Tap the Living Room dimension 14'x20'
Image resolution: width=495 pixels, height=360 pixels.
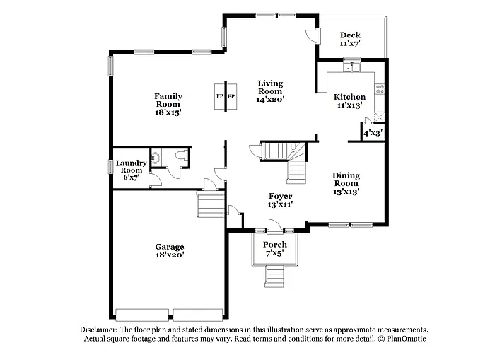pyautogui.click(x=270, y=100)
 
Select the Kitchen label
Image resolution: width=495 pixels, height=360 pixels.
pyautogui.click(x=350, y=97)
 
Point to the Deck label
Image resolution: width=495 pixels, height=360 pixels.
pyautogui.click(x=350, y=35)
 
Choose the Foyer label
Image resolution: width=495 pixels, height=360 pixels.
pyautogui.click(x=280, y=196)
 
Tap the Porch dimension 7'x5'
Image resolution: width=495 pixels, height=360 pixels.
pyautogui.click(x=274, y=253)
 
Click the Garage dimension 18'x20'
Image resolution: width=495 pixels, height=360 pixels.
pyautogui.click(x=170, y=255)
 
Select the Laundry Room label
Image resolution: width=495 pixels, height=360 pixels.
pyautogui.click(x=132, y=167)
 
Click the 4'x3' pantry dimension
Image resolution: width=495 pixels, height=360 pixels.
pyautogui.click(x=372, y=132)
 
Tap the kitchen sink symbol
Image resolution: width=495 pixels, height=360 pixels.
pyautogui.click(x=351, y=69)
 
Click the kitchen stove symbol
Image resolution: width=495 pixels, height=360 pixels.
pyautogui.click(x=380, y=89)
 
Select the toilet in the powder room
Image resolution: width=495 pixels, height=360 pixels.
pyautogui.click(x=156, y=157)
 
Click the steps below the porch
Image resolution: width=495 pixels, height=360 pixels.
pyautogui.click(x=274, y=275)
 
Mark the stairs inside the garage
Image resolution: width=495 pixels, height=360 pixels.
pyautogui.click(x=211, y=206)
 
